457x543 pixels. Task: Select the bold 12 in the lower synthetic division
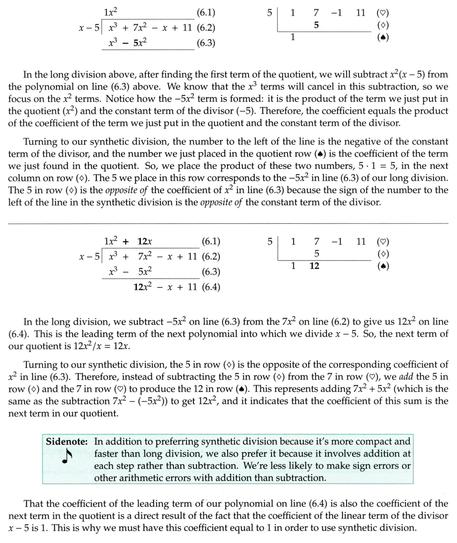coord(314,266)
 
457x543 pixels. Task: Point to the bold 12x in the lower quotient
coord(145,241)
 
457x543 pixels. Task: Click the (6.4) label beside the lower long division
coord(210,287)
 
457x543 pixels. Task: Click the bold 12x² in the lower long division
coord(143,287)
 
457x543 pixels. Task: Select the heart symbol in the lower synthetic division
coord(382,241)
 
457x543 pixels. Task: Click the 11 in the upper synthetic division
coord(360,13)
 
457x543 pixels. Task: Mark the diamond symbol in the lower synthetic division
coord(382,254)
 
